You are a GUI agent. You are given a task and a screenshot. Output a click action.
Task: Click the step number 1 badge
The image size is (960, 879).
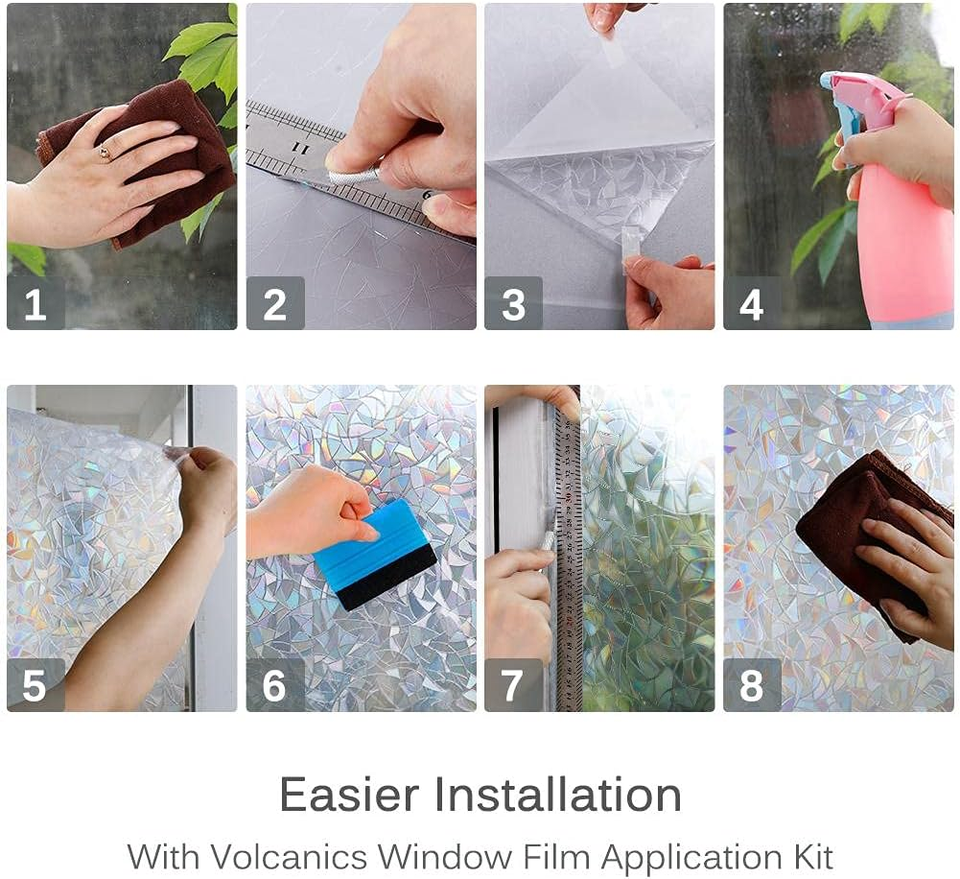[x=35, y=304]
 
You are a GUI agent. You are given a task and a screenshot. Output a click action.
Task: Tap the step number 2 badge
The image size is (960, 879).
[x=274, y=304]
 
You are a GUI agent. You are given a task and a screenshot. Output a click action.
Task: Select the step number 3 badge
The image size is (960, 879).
[x=513, y=304]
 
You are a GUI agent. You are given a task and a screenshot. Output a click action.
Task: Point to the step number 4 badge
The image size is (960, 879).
[x=751, y=304]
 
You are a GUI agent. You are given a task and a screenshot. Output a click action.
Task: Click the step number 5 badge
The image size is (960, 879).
[x=35, y=685]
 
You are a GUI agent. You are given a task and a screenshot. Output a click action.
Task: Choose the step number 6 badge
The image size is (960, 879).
[x=274, y=685]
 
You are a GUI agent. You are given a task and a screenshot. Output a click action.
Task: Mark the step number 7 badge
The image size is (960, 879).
[x=513, y=685]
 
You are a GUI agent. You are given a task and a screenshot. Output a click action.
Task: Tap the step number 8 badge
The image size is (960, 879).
[x=751, y=685]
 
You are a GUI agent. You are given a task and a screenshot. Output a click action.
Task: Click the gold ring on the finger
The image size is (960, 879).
[x=105, y=152]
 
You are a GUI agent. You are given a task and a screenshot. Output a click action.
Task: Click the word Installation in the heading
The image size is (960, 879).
[x=558, y=795]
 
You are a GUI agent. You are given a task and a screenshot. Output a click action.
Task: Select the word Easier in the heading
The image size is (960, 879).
[x=349, y=795]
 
